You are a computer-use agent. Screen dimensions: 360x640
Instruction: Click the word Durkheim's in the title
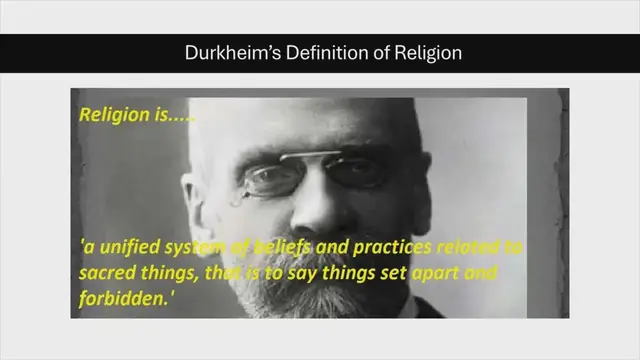225,52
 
